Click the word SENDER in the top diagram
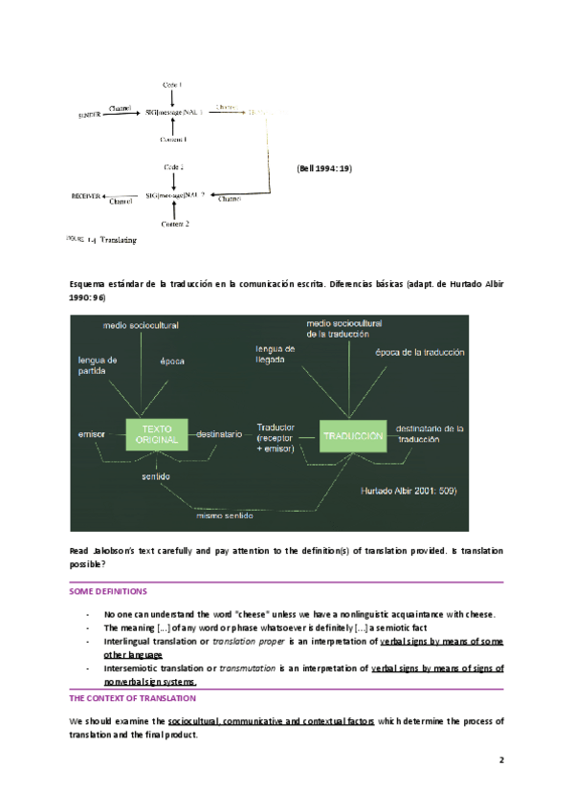point(91,115)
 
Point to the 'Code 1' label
point(172,86)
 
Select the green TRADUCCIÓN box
point(353,434)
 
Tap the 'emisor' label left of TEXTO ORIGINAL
point(91,434)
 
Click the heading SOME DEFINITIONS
point(108,592)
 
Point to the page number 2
point(500,761)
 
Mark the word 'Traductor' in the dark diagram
point(276,427)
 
